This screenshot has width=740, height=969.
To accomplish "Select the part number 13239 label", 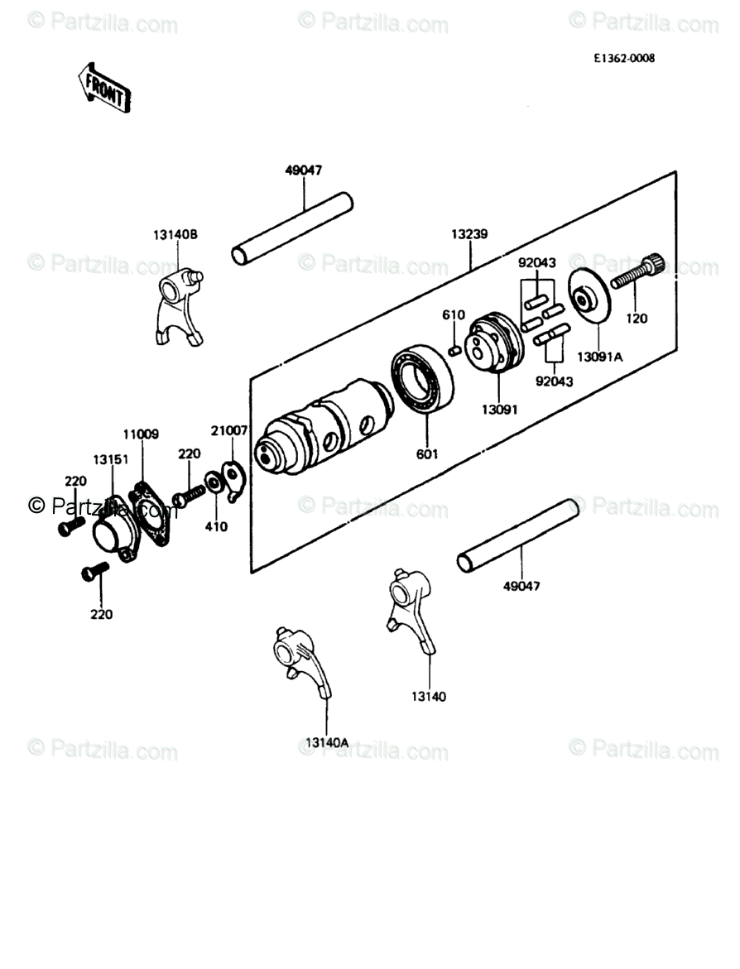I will (x=469, y=234).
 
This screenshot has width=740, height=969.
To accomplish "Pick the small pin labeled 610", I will (x=454, y=350).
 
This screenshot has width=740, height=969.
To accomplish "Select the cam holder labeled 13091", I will (x=493, y=348).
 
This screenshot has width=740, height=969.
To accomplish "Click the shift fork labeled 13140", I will (x=411, y=609).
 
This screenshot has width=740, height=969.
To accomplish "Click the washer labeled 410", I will (x=214, y=481).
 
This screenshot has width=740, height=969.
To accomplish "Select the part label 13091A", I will (x=598, y=357).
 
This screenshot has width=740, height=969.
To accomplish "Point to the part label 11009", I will (x=142, y=434).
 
